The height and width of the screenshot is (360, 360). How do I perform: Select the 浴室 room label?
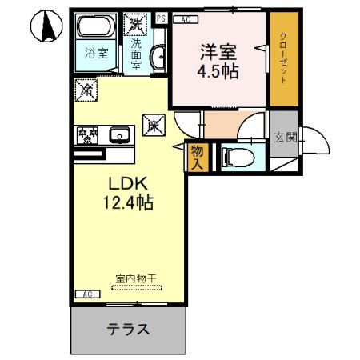[x=96, y=56]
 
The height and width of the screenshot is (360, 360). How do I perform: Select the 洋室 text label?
[x=217, y=51]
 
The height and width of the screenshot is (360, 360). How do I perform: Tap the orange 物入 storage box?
[x=196, y=156]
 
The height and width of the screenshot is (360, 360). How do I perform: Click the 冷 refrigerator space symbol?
[x=86, y=90]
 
